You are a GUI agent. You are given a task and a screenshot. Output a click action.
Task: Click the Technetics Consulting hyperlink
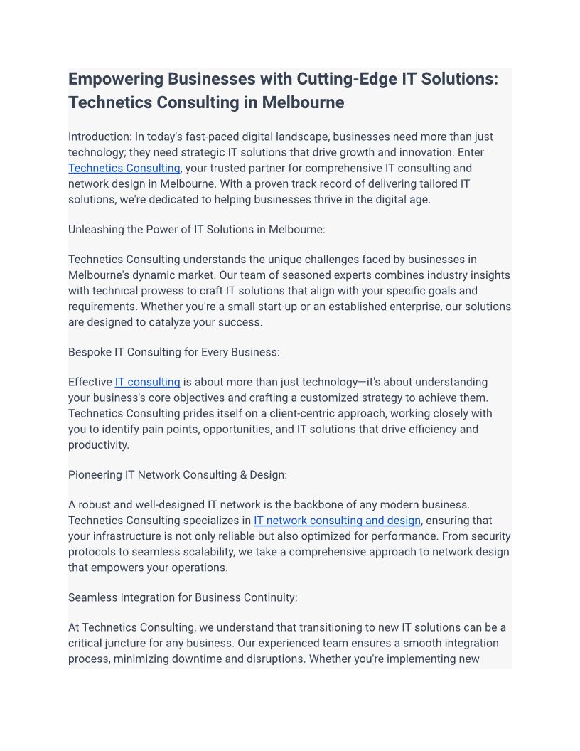click(x=124, y=168)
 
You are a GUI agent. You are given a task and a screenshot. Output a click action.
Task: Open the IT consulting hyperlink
click(x=147, y=382)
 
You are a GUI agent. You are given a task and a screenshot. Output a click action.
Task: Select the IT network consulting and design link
click(x=337, y=521)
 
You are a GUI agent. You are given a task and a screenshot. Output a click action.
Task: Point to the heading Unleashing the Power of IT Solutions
click(x=197, y=230)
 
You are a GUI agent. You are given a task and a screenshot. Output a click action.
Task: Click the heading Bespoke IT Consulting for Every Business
click(x=174, y=352)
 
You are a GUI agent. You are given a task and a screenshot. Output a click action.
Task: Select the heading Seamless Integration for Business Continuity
click(x=183, y=597)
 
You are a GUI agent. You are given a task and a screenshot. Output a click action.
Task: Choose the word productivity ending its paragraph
click(x=97, y=444)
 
